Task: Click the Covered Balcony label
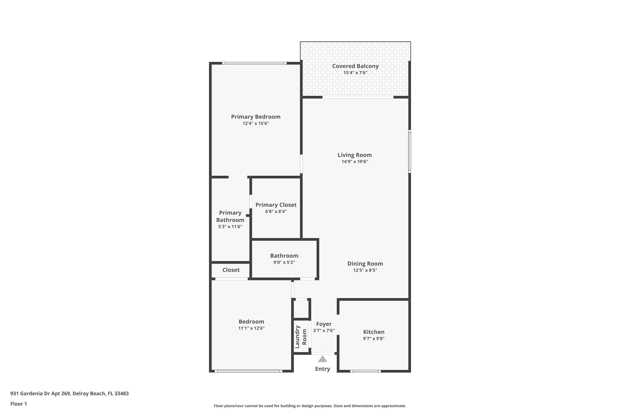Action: [x=355, y=66]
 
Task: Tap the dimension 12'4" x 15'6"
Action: [x=255, y=123]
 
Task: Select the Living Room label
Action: [x=355, y=155]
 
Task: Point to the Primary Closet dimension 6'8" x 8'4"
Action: [x=276, y=211]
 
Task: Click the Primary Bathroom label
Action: [x=230, y=216]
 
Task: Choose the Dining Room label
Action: [x=365, y=264]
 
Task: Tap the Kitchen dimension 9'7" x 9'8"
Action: [x=373, y=338]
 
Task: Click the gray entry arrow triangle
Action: [x=322, y=359]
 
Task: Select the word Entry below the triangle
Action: [x=322, y=369]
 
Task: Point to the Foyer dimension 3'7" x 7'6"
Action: [x=324, y=331]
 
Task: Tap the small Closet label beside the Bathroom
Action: [x=231, y=270]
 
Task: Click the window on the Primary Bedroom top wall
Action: [x=254, y=63]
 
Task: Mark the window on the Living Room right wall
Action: [x=410, y=151]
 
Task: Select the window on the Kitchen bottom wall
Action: [x=365, y=371]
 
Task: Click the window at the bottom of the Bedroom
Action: [x=248, y=371]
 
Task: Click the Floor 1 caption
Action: [x=18, y=404]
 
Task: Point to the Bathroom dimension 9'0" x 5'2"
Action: [x=284, y=262]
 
